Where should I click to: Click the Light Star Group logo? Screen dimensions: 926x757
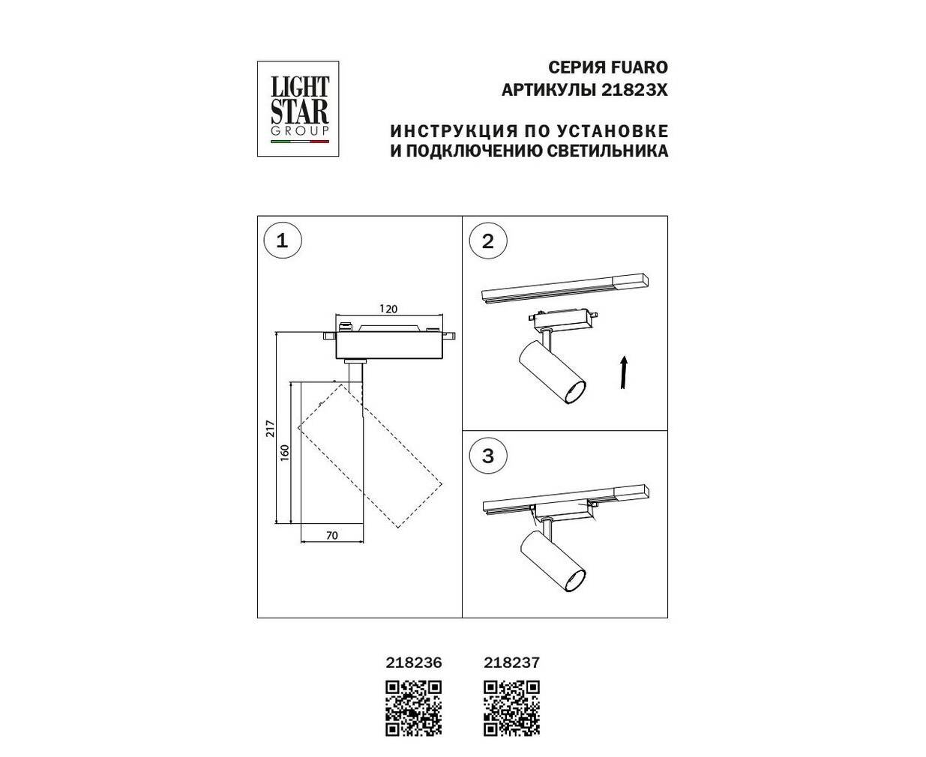tap(298, 109)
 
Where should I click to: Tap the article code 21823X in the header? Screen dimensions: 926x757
tap(634, 91)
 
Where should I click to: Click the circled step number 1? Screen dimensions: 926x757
tap(283, 241)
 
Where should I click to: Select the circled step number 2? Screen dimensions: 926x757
tap(488, 241)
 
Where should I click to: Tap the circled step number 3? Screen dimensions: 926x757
tap(488, 456)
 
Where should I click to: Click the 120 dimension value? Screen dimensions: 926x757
tap(388, 309)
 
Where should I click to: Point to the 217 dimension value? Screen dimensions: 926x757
tap(271, 429)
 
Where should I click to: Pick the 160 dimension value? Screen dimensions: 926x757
tap(285, 453)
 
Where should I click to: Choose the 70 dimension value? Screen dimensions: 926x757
tap(332, 535)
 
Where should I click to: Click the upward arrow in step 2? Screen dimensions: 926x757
tap(624, 373)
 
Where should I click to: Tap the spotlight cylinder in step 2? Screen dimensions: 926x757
tap(552, 372)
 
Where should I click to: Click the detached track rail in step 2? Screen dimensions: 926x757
tap(565, 289)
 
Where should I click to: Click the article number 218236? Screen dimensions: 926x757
tap(414, 663)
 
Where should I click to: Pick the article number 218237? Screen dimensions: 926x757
tap(511, 663)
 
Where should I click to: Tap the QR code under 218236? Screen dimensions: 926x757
tap(414, 708)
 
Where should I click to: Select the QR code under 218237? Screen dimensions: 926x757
tap(511, 708)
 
